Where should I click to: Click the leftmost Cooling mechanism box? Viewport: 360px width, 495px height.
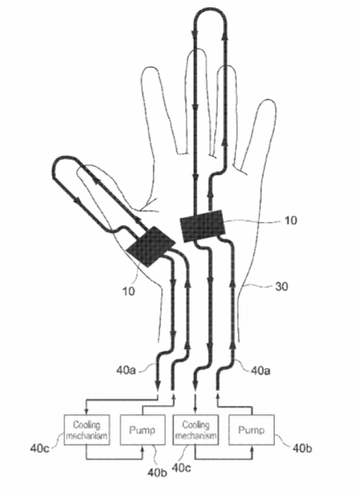tap(87, 430)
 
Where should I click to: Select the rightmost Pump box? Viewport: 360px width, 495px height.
tap(252, 430)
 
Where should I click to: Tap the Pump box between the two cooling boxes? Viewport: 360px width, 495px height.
tap(143, 430)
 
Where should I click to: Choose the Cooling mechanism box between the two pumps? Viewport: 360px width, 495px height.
tap(196, 430)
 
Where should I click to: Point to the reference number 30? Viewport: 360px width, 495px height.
tap(282, 286)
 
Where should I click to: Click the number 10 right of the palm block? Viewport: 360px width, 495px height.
tap(291, 220)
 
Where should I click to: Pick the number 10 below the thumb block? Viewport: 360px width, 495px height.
tap(128, 291)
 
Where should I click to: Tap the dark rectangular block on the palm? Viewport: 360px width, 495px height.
tap(203, 225)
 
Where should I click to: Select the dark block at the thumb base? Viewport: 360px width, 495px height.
tap(150, 247)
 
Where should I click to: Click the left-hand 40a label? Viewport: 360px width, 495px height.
tap(126, 370)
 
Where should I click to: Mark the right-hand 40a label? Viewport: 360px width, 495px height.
tap(260, 370)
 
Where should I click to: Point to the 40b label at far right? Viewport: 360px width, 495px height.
tap(302, 448)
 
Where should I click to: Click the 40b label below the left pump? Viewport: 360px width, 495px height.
tap(157, 473)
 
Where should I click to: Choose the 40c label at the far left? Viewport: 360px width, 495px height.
tap(40, 448)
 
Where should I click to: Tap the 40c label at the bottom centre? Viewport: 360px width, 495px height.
tap(182, 468)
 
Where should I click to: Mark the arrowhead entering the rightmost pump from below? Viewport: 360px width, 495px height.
tap(252, 449)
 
